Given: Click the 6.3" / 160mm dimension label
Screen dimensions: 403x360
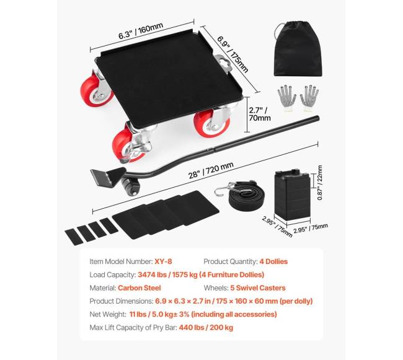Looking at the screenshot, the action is (x=141, y=31).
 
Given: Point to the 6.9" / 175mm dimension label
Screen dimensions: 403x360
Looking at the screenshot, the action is (x=232, y=54).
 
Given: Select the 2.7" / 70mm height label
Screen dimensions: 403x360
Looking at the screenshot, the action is (x=260, y=114).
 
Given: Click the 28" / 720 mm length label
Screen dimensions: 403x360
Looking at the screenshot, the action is (x=211, y=170).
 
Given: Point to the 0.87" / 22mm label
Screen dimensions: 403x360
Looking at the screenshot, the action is (x=320, y=183).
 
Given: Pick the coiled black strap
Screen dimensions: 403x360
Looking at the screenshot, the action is (x=246, y=196).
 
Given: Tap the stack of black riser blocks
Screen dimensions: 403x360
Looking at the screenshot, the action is (x=293, y=195).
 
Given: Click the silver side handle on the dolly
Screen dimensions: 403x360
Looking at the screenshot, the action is (x=223, y=63).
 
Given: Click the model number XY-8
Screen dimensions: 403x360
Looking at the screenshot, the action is (x=163, y=261).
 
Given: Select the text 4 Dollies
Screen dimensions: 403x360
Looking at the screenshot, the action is (x=273, y=261).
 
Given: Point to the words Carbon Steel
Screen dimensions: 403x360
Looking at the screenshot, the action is (x=139, y=288).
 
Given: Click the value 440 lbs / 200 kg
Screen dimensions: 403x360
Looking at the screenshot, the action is (x=206, y=328).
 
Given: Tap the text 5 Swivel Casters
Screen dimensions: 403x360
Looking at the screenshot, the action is (x=258, y=288).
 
